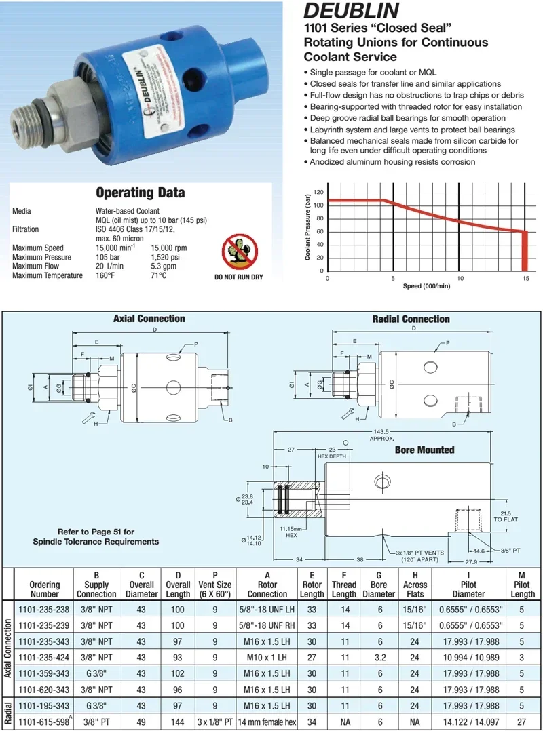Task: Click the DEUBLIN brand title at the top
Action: point(350,12)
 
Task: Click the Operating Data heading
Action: point(140,193)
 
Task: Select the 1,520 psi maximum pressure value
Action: point(166,258)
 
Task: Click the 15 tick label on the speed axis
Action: point(525,278)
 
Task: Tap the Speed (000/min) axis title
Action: point(426,286)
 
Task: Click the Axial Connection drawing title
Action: point(149,319)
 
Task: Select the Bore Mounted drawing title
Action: point(424,450)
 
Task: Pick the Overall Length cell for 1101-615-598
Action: point(178,723)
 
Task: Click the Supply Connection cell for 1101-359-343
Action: point(96,674)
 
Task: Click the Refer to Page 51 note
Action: point(96,536)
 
